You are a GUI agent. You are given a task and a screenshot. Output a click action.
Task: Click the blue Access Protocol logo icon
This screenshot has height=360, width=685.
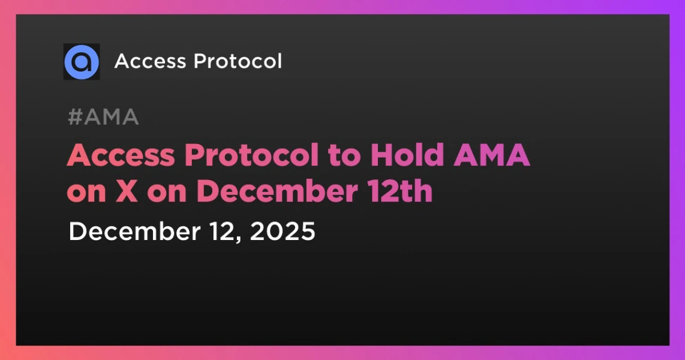click(x=82, y=61)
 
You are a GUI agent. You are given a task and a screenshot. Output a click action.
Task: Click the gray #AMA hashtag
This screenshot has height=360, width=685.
click(x=103, y=118)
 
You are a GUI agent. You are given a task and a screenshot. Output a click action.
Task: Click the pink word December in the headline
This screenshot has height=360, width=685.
click(x=276, y=192)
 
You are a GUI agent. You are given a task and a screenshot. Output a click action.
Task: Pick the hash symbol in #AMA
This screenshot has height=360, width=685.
click(x=74, y=118)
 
